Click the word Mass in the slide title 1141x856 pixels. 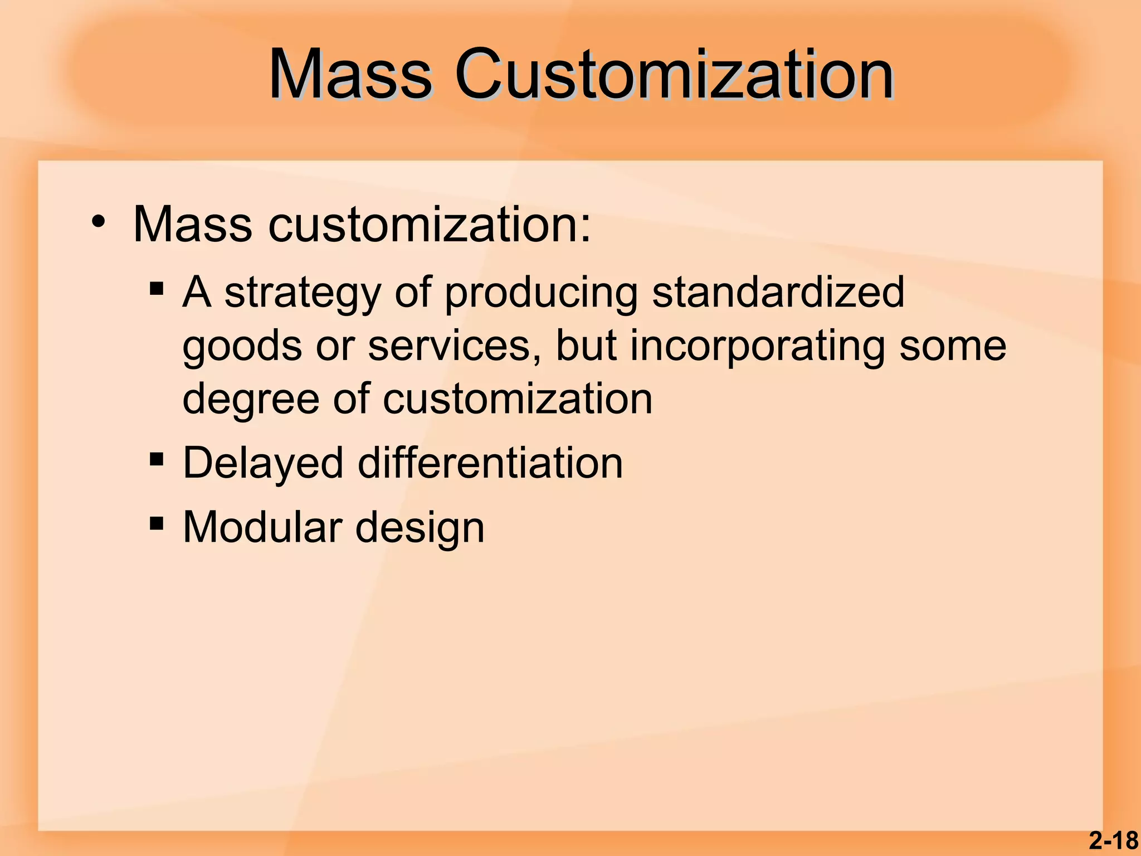[350, 75]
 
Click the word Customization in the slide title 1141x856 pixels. [674, 75]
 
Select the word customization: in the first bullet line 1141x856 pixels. [429, 225]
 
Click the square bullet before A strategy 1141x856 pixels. [157, 289]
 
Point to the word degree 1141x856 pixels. [251, 400]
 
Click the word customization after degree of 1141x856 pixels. [517, 399]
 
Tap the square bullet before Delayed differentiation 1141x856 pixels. [157, 460]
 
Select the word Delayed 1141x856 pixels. [263, 464]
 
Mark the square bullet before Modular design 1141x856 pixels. [157, 524]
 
